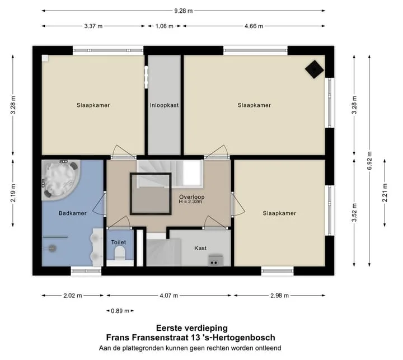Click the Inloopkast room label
click(x=164, y=105)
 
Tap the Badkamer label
click(x=72, y=213)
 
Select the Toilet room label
click(x=119, y=242)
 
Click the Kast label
click(x=200, y=248)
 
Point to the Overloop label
click(x=192, y=197)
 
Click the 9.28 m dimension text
click(x=183, y=11)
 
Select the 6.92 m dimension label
click(x=369, y=161)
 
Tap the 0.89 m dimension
click(x=120, y=311)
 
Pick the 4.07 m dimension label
click(x=169, y=296)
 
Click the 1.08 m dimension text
click(x=164, y=26)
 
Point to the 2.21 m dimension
click(x=385, y=193)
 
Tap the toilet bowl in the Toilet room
click(x=120, y=253)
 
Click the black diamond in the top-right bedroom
click(x=315, y=69)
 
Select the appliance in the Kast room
click(x=215, y=260)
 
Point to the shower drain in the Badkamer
click(x=53, y=248)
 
